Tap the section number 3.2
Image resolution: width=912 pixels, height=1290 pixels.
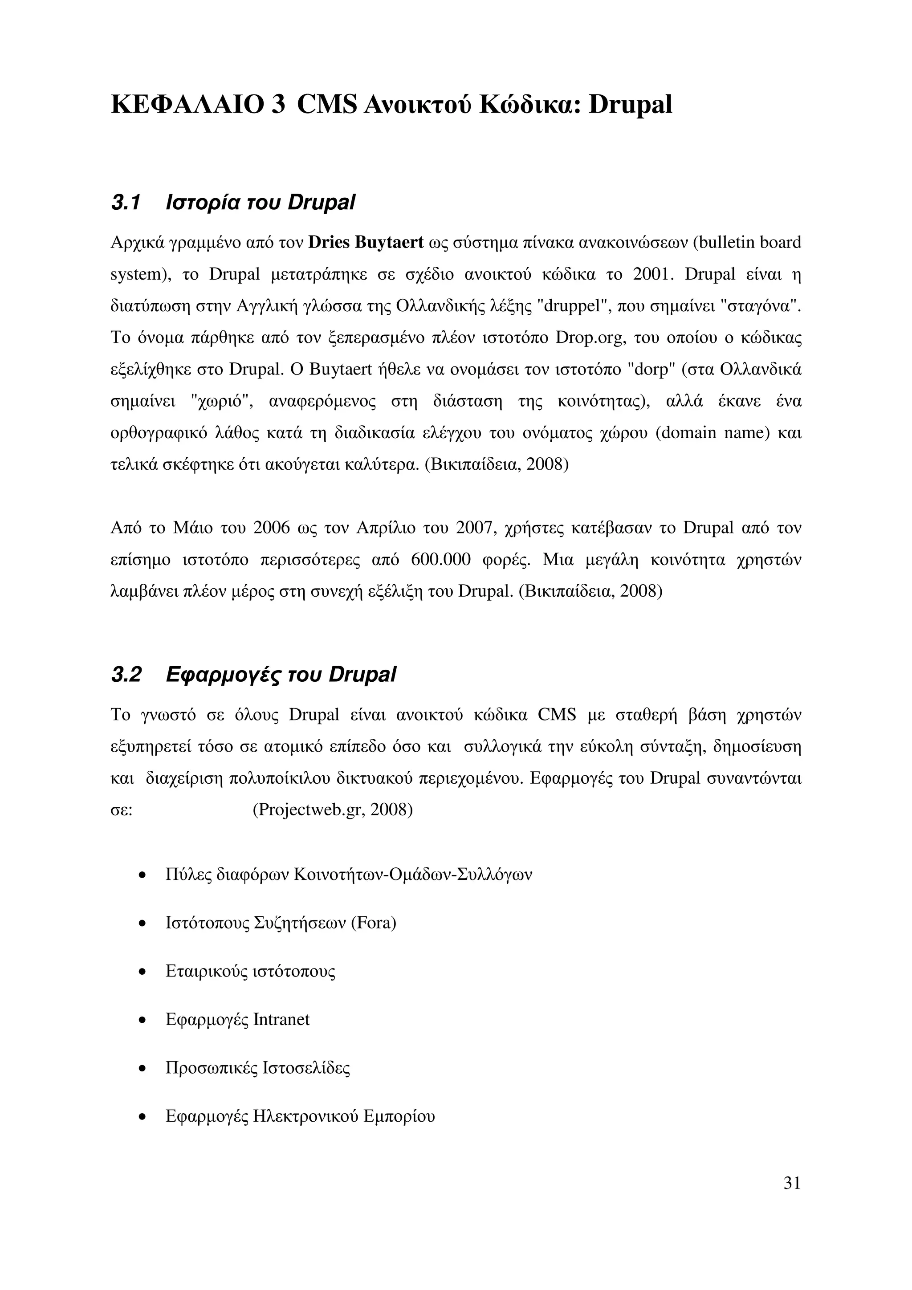point(126,674)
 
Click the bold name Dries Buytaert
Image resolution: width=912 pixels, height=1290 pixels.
point(366,243)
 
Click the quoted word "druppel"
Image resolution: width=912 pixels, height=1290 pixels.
point(575,306)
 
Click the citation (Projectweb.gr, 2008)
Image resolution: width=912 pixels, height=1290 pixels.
point(333,810)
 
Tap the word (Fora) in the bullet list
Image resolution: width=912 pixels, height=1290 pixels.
point(373,923)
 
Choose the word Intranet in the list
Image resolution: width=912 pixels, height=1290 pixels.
point(281,1019)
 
